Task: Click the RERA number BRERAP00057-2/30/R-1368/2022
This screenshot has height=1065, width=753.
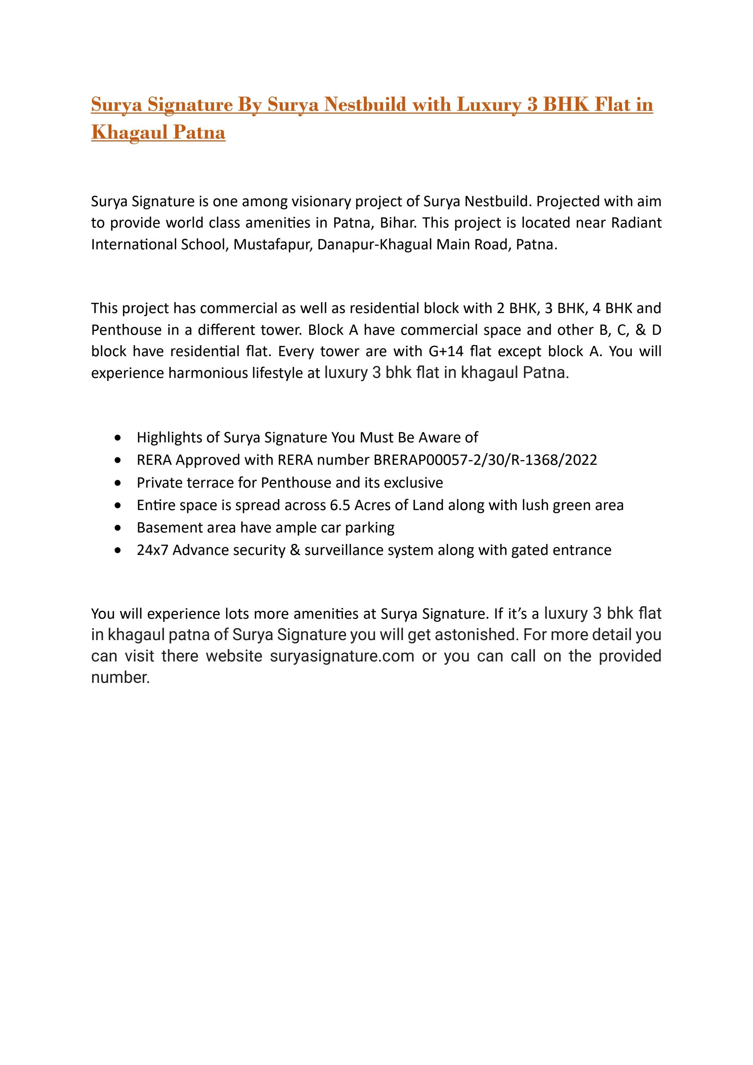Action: coord(485,460)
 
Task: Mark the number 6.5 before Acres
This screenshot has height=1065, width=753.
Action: coord(340,505)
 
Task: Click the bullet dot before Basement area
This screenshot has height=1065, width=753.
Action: coord(119,528)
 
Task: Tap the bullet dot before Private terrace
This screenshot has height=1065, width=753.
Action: coord(119,483)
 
